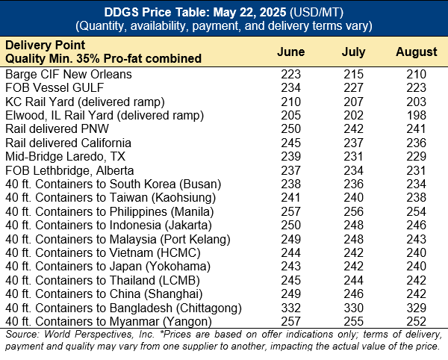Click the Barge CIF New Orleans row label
pyautogui.click(x=68, y=74)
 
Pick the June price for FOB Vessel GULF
pyautogui.click(x=290, y=87)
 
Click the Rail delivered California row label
pyautogui.click(x=69, y=142)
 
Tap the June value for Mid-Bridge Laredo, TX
pyautogui.click(x=290, y=155)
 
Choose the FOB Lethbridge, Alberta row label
pyautogui.click(x=67, y=169)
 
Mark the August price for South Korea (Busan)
pyautogui.click(x=417, y=183)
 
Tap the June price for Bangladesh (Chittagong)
pyautogui.click(x=290, y=306)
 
